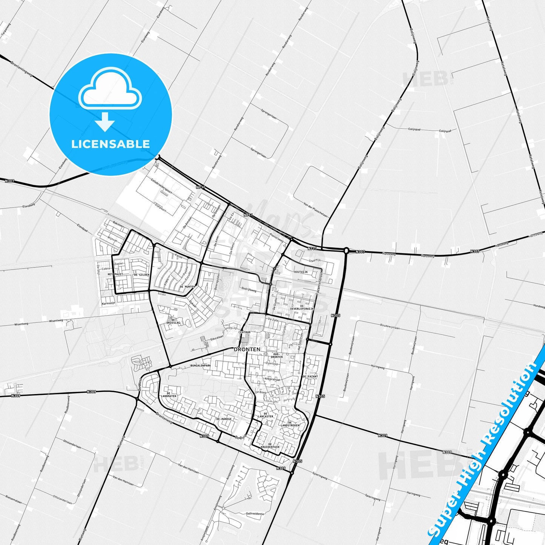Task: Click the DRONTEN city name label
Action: click(247, 349)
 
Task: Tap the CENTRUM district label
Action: click(244, 332)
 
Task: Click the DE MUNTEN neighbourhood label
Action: click(187, 287)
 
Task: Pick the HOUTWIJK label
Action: click(301, 272)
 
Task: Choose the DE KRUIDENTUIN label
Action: click(270, 445)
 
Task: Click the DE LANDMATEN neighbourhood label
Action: click(168, 394)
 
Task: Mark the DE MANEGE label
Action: click(224, 419)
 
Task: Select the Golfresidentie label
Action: click(255, 513)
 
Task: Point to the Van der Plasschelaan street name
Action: click(316, 210)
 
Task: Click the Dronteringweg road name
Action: click(21, 69)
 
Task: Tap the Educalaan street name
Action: click(217, 337)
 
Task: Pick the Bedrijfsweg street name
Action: click(249, 291)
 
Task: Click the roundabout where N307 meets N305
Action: click(346, 250)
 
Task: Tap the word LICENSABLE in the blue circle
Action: click(111, 144)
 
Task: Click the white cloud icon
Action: click(110, 89)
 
